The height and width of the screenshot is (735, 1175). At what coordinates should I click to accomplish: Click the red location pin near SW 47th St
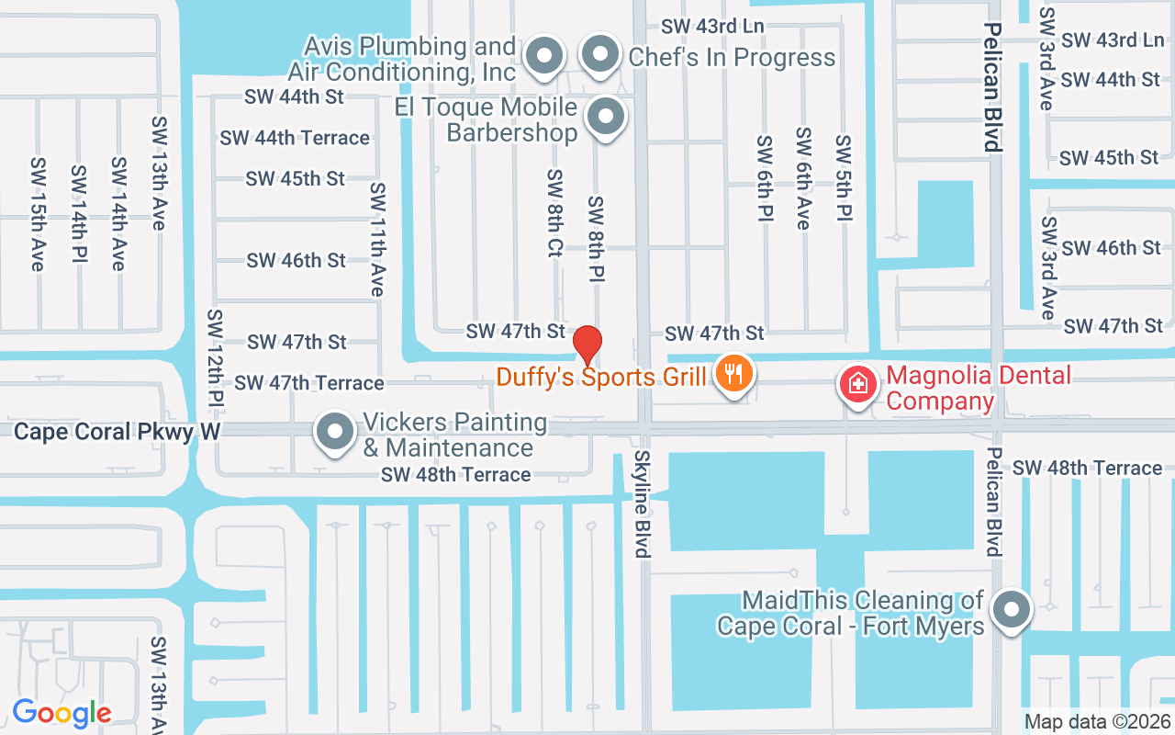point(587,345)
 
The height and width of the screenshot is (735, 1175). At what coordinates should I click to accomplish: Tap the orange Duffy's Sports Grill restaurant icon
point(734,375)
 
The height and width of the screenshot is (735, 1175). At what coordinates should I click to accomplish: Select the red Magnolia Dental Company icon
point(857,384)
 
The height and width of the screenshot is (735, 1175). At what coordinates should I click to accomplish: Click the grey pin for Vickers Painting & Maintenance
point(335,432)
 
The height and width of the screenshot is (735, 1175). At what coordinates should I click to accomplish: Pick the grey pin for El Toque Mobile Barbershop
point(605,118)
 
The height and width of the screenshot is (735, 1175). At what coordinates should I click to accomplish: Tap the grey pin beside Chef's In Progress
point(600,55)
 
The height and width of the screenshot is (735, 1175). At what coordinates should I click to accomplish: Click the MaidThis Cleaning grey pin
point(1012,609)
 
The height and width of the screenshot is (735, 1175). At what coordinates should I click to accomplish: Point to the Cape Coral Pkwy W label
point(105,432)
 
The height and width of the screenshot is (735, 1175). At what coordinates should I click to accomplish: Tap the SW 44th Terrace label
point(295,138)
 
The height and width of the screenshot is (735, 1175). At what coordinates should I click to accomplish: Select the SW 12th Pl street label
point(215,358)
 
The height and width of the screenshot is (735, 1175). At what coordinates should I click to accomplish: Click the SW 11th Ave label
point(376,239)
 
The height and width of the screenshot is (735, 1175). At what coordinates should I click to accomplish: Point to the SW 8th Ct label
point(554,212)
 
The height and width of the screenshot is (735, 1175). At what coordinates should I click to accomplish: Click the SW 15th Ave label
point(38,214)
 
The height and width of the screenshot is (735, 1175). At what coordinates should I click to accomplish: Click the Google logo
point(62,712)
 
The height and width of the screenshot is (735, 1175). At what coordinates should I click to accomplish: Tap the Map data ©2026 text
point(1098,721)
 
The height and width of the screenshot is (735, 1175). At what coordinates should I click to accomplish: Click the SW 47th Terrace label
point(308,382)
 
